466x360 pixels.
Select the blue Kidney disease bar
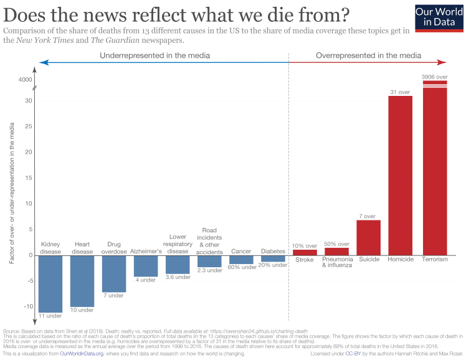tap(50, 283)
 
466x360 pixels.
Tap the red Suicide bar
tap(368, 237)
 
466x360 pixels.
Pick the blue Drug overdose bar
tap(114, 273)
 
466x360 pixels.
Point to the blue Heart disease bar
tap(82, 280)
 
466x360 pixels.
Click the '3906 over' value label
tap(435, 76)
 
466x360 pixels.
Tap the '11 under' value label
tap(50, 316)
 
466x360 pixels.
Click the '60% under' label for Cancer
tap(241, 267)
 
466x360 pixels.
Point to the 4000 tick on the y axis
tap(25, 80)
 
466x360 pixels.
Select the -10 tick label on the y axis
tap(27, 306)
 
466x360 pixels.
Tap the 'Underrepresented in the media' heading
tap(155, 55)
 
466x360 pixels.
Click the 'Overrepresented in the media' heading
tap(368, 55)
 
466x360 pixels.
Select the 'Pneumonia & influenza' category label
tap(337, 262)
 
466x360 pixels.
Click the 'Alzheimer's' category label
tap(146, 251)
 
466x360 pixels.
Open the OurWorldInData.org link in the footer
tap(85, 353)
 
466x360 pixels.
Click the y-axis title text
tap(12, 193)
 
